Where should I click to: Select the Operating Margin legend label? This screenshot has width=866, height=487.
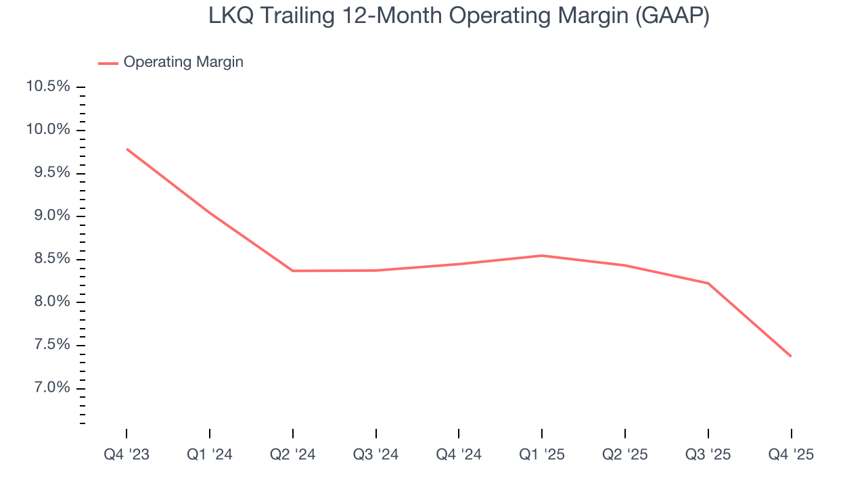[183, 62]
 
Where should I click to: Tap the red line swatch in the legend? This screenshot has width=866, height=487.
[108, 63]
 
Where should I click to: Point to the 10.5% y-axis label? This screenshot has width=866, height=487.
[47, 87]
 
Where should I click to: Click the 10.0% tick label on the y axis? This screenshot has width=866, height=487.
[47, 130]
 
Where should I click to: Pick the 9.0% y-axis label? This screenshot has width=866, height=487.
[49, 216]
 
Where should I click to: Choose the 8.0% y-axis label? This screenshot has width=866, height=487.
[49, 302]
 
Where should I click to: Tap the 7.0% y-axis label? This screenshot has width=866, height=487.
[49, 388]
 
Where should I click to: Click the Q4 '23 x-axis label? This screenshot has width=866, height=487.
[127, 455]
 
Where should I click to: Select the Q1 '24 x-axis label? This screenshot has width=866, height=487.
[210, 455]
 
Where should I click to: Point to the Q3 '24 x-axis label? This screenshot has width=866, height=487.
[375, 455]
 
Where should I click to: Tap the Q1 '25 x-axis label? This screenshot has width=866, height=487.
[542, 455]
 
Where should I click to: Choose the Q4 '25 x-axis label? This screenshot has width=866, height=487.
[791, 455]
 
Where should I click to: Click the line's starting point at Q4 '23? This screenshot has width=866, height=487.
[127, 149]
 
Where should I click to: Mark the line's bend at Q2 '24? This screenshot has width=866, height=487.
[292, 271]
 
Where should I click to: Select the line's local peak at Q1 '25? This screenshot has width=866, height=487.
[542, 256]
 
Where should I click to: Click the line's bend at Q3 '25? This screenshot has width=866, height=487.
[708, 283]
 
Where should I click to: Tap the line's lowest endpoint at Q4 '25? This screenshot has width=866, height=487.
[791, 356]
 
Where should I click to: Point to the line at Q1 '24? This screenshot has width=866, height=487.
[210, 213]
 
